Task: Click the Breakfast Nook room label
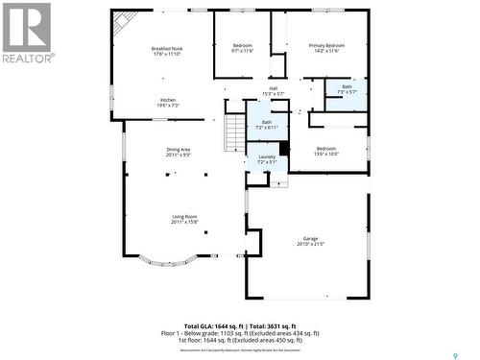click(167, 51)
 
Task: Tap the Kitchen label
click(167, 103)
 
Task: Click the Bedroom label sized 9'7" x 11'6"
click(242, 48)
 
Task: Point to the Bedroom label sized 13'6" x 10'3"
click(326, 151)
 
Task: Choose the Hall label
click(273, 91)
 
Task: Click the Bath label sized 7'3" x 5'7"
click(347, 89)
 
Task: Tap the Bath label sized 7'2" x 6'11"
click(267, 125)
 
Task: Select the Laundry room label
click(267, 159)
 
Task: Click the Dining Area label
click(179, 152)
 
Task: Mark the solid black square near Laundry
click(284, 148)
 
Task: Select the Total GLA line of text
click(239, 326)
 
